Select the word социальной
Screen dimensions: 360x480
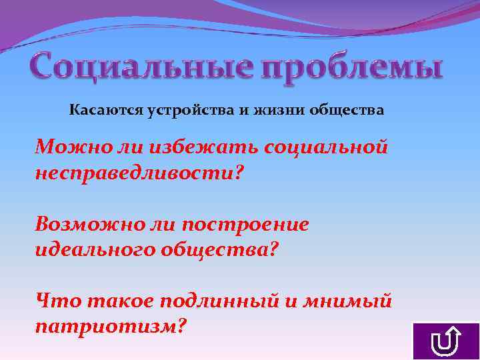(326, 145)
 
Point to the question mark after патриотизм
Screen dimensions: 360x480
(182, 326)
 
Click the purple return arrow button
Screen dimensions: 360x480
(446, 341)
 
